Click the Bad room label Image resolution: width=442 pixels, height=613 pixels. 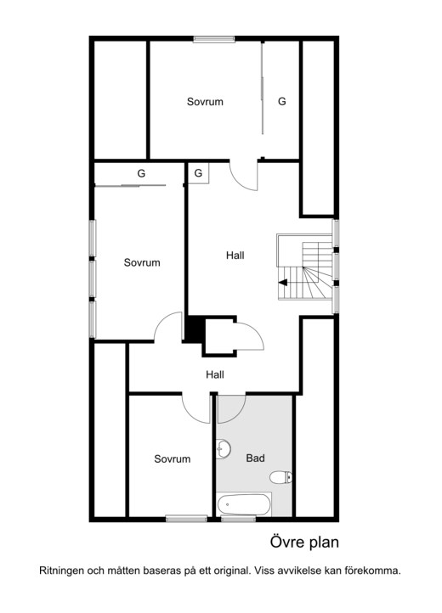coord(255,458)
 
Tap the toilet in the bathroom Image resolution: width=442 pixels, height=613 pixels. coord(281,477)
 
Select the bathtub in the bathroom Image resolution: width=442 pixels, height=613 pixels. coord(244,504)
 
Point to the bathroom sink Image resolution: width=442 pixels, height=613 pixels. coord(224,449)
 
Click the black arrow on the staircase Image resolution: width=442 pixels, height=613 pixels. coord(283,283)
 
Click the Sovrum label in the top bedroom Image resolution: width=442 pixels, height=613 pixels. coord(205,102)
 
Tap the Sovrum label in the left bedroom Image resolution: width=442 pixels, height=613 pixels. coord(142,262)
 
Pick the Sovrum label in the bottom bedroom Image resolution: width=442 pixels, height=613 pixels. coord(173,458)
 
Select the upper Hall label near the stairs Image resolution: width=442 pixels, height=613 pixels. coord(235,256)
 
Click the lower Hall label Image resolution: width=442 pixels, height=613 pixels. coord(215,374)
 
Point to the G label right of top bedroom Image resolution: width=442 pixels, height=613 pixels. coord(282,101)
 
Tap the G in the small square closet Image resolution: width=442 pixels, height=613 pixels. coord(199,173)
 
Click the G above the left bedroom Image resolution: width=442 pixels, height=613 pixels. coord(141,173)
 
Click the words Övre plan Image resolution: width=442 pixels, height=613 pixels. coord(304,543)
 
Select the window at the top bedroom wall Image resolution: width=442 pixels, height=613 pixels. coord(213,39)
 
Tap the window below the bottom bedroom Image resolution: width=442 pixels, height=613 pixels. coord(186,519)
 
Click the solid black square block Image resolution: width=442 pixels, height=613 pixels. coord(194,329)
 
